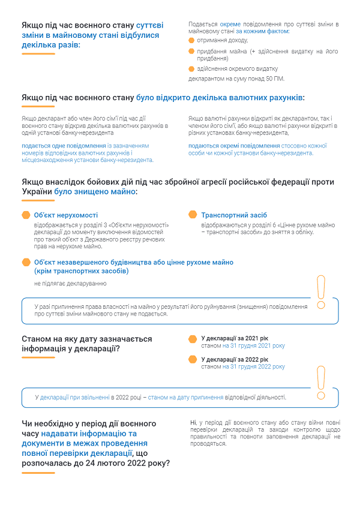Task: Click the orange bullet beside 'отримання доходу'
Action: (x=191, y=40)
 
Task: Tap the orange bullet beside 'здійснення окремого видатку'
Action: (x=191, y=69)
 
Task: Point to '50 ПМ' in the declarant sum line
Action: (x=274, y=79)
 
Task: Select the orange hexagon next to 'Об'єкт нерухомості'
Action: (x=26, y=215)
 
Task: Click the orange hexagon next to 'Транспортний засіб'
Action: (x=193, y=215)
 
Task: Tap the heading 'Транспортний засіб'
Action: (x=234, y=215)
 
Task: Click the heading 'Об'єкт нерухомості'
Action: (x=66, y=215)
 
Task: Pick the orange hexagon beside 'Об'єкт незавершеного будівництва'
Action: (x=26, y=262)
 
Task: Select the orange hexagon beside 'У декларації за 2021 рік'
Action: (x=193, y=339)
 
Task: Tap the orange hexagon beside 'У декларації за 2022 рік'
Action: (x=193, y=359)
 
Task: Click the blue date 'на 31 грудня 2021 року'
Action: (x=253, y=346)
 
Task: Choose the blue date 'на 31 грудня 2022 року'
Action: (x=253, y=366)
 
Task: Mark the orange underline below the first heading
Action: (x=38, y=54)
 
